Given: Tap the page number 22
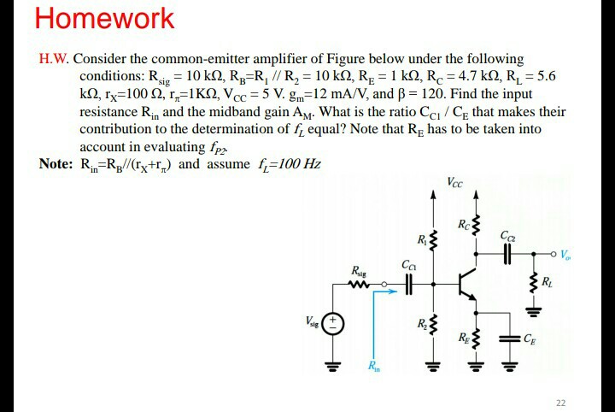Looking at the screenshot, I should (560, 403).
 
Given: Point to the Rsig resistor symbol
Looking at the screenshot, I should (359, 285).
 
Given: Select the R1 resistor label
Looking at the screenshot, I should (421, 236).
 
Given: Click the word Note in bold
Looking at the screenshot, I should (56, 163).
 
